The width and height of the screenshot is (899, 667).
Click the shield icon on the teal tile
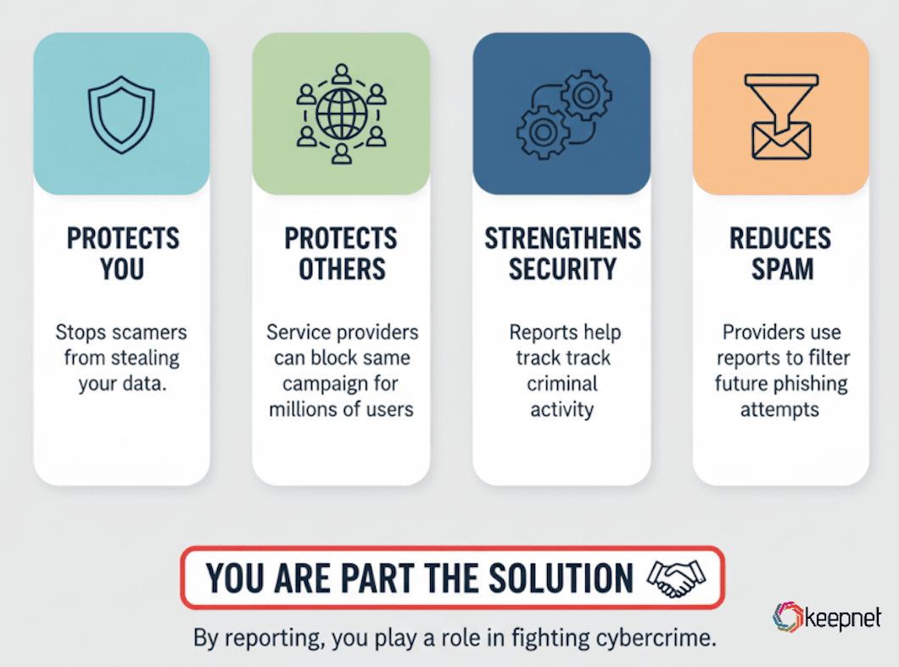(x=121, y=115)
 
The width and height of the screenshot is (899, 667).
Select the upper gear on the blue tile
(x=586, y=95)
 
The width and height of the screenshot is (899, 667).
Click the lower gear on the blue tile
(x=543, y=132)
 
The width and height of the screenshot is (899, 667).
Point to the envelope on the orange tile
(x=781, y=141)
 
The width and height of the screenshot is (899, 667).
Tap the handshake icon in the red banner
(x=676, y=578)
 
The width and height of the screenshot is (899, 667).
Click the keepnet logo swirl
(x=787, y=617)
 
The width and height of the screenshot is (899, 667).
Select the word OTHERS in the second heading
(x=343, y=269)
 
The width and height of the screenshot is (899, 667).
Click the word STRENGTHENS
(x=562, y=238)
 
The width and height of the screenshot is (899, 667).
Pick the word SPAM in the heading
(x=782, y=269)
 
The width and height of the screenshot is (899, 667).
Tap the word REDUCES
(x=780, y=238)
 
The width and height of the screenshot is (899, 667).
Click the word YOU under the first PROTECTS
(x=122, y=269)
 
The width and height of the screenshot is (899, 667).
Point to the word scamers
(x=148, y=332)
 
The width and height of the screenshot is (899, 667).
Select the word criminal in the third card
(x=561, y=384)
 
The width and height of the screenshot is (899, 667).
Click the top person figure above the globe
(x=342, y=74)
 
